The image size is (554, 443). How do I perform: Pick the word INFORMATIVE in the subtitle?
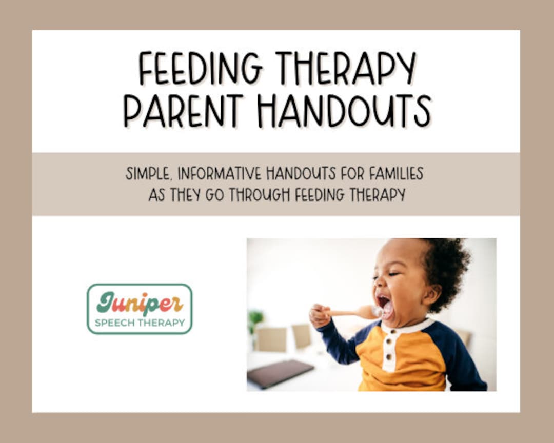220,173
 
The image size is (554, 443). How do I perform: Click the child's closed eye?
393,274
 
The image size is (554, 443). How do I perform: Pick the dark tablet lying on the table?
281,373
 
